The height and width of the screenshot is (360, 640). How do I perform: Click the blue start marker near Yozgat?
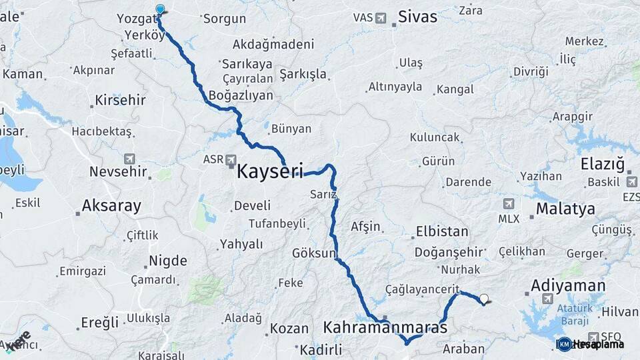point(160,9)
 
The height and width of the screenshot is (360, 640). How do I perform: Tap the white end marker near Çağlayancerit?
point(484,299)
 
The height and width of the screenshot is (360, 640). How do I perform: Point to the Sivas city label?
point(417,17)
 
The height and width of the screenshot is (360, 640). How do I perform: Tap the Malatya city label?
point(565,209)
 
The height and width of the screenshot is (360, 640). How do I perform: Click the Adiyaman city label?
point(568,286)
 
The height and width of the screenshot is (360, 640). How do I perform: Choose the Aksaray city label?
point(111,205)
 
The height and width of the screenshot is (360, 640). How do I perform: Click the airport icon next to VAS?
point(381,17)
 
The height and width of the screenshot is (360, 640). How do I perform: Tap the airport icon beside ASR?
point(231,160)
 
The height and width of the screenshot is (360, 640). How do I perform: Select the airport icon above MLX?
point(509,203)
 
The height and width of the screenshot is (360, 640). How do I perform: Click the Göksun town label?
point(314,253)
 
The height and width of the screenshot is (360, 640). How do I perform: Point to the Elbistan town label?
point(442,232)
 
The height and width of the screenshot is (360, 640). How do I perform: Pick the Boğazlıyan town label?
point(241,95)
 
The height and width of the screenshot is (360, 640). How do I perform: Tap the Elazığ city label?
point(602,164)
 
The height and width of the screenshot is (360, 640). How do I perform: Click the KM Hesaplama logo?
point(590,344)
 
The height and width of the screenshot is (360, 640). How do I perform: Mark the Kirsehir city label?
point(120,100)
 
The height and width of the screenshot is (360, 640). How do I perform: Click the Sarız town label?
point(323,193)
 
